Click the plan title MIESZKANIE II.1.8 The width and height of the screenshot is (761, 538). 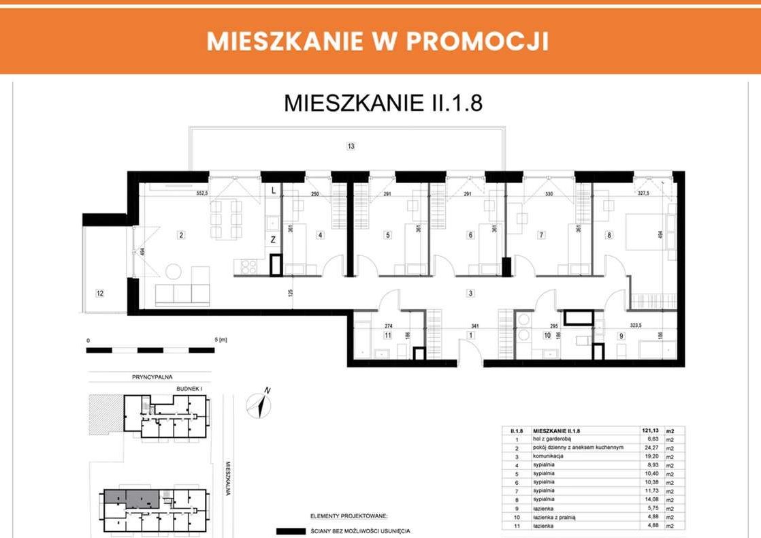click(383, 104)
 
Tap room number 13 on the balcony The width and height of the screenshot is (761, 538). click(351, 146)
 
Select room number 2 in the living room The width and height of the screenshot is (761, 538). click(182, 236)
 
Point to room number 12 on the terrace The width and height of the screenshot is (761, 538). click(99, 294)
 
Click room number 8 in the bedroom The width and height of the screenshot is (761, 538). click(609, 236)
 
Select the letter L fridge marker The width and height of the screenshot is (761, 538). click(273, 191)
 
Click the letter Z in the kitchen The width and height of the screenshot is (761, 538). click(273, 239)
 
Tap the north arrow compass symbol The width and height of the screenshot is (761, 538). click(260, 402)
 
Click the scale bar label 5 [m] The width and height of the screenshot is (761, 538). click(220, 339)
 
